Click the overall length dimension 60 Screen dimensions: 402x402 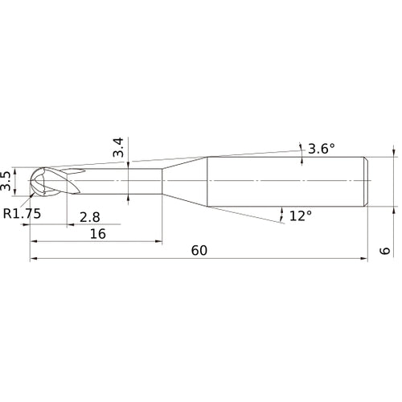[199, 250]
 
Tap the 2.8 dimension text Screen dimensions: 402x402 [90, 216]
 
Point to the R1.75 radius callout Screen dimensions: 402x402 [22, 214]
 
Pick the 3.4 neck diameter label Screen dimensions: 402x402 [118, 148]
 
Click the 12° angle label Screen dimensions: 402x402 [300, 215]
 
